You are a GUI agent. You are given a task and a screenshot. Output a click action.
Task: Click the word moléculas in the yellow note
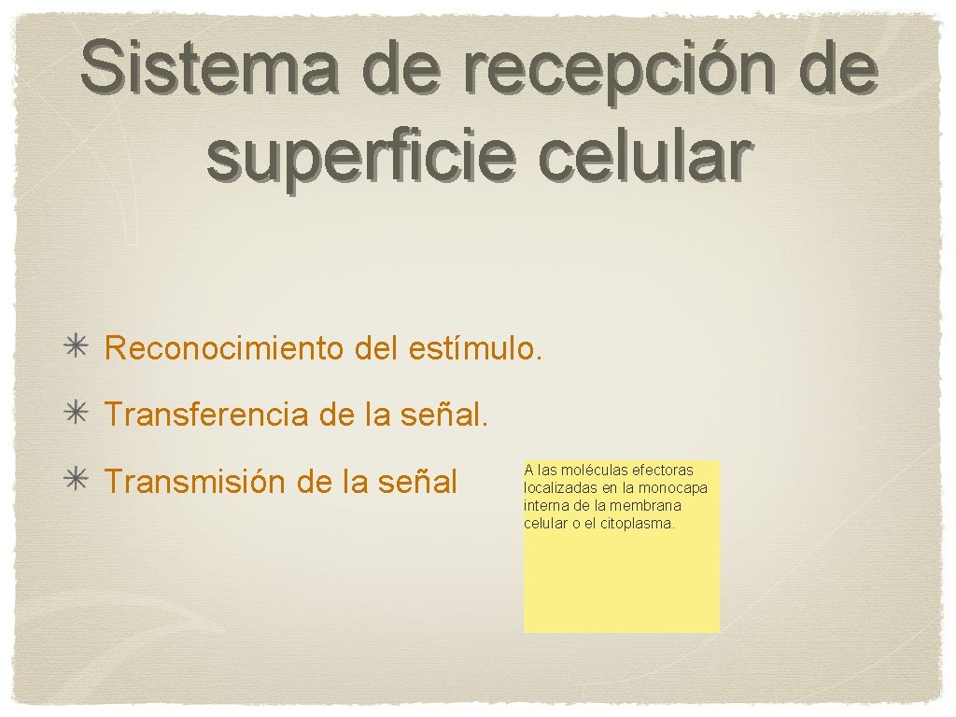[x=595, y=470]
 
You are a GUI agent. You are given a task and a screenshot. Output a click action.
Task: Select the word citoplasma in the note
[x=641, y=523]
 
